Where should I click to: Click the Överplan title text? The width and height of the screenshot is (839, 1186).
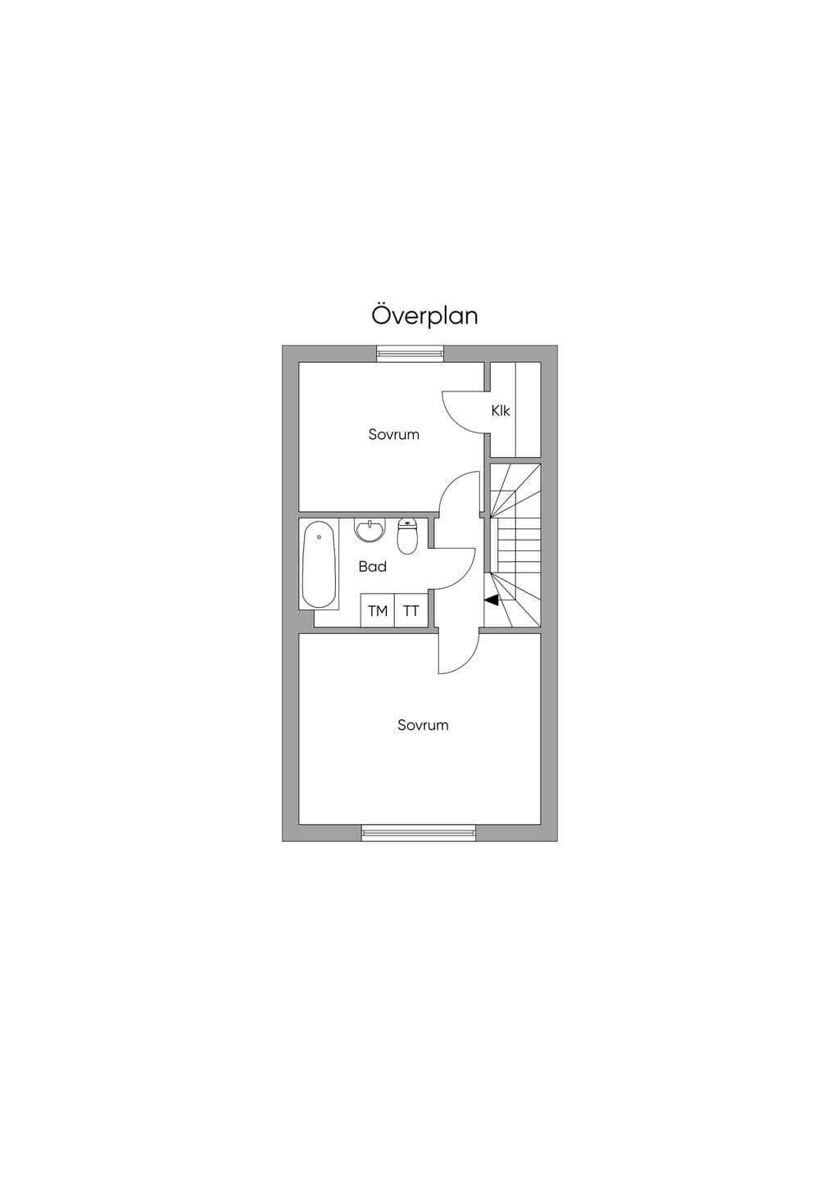click(x=424, y=315)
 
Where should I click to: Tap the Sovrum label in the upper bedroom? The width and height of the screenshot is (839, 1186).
click(x=393, y=435)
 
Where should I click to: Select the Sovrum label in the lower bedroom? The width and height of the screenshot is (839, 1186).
click(x=423, y=725)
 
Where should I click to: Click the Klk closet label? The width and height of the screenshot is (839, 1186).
click(x=501, y=410)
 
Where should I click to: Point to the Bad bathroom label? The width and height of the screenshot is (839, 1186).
click(x=372, y=567)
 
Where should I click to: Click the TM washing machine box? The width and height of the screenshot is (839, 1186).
click(x=378, y=610)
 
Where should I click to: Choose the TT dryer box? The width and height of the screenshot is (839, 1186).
click(x=411, y=610)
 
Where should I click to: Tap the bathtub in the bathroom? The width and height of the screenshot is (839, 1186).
click(x=319, y=564)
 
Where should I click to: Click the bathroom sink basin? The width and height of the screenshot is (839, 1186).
click(x=370, y=530)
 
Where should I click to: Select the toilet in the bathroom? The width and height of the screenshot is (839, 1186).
click(x=407, y=536)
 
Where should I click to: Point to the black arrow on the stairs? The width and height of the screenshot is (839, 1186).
click(x=492, y=600)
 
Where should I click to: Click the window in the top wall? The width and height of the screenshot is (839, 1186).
click(x=410, y=353)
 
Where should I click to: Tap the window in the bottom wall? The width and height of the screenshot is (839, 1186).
click(x=419, y=833)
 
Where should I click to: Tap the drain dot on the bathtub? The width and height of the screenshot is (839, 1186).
click(x=319, y=536)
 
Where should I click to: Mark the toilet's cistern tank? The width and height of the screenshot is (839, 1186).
click(x=407, y=523)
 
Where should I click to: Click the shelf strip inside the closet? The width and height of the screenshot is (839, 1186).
click(x=528, y=410)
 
